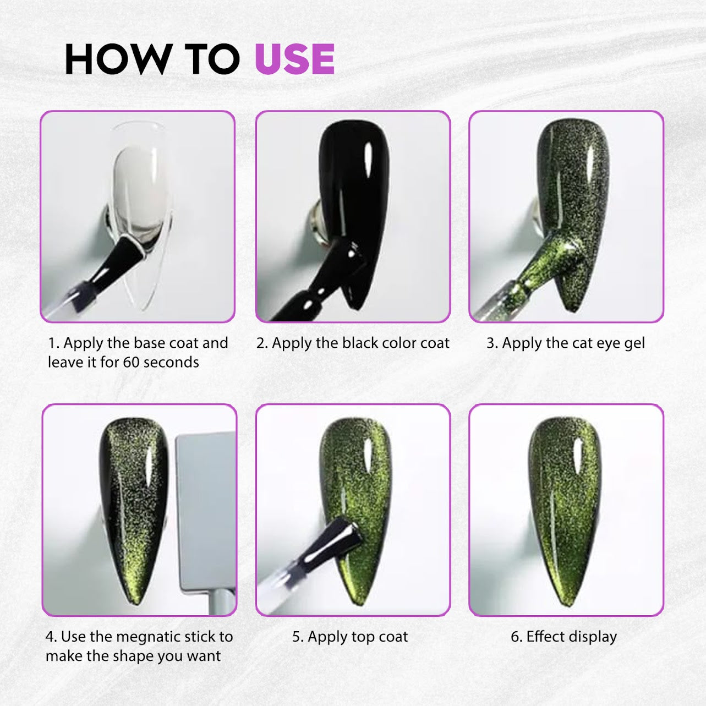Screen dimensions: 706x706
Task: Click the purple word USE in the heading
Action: coord(294,59)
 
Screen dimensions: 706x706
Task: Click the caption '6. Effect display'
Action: coord(564,637)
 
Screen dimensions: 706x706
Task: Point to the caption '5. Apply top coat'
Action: coord(350,637)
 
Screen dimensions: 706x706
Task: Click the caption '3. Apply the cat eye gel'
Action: coord(566,343)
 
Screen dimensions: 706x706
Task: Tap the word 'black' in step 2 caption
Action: coord(360,343)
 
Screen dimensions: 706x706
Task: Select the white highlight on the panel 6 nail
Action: coord(578,456)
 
